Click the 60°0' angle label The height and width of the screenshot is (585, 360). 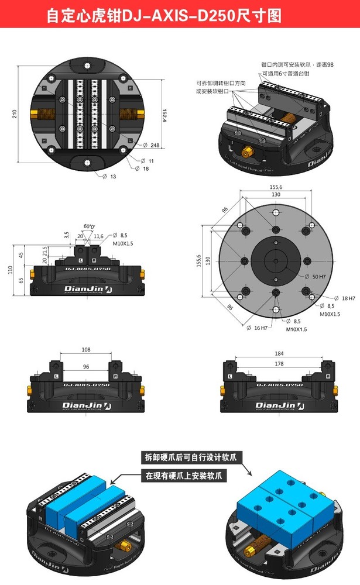tap(88, 226)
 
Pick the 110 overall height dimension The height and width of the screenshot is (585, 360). tap(11, 269)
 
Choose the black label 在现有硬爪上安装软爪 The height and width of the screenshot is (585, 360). tap(184, 476)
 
